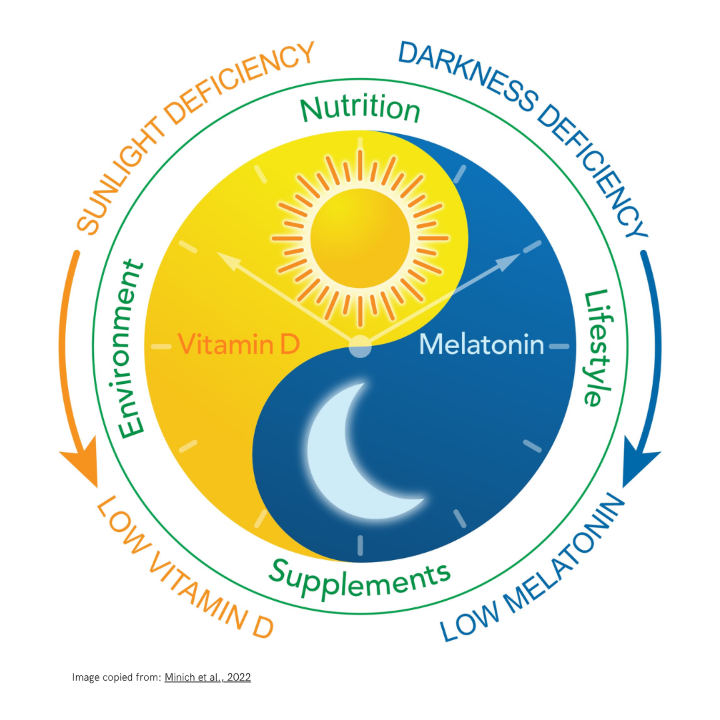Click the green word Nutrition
(x=360, y=109)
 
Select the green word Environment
(x=131, y=349)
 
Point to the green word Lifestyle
(x=598, y=347)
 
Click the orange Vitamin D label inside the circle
(x=239, y=344)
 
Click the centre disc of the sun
(x=360, y=238)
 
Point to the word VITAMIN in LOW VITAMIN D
(x=197, y=585)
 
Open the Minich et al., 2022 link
(x=207, y=677)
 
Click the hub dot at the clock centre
(x=360, y=346)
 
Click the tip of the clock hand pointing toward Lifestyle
(x=520, y=253)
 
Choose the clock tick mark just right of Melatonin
(x=559, y=346)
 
